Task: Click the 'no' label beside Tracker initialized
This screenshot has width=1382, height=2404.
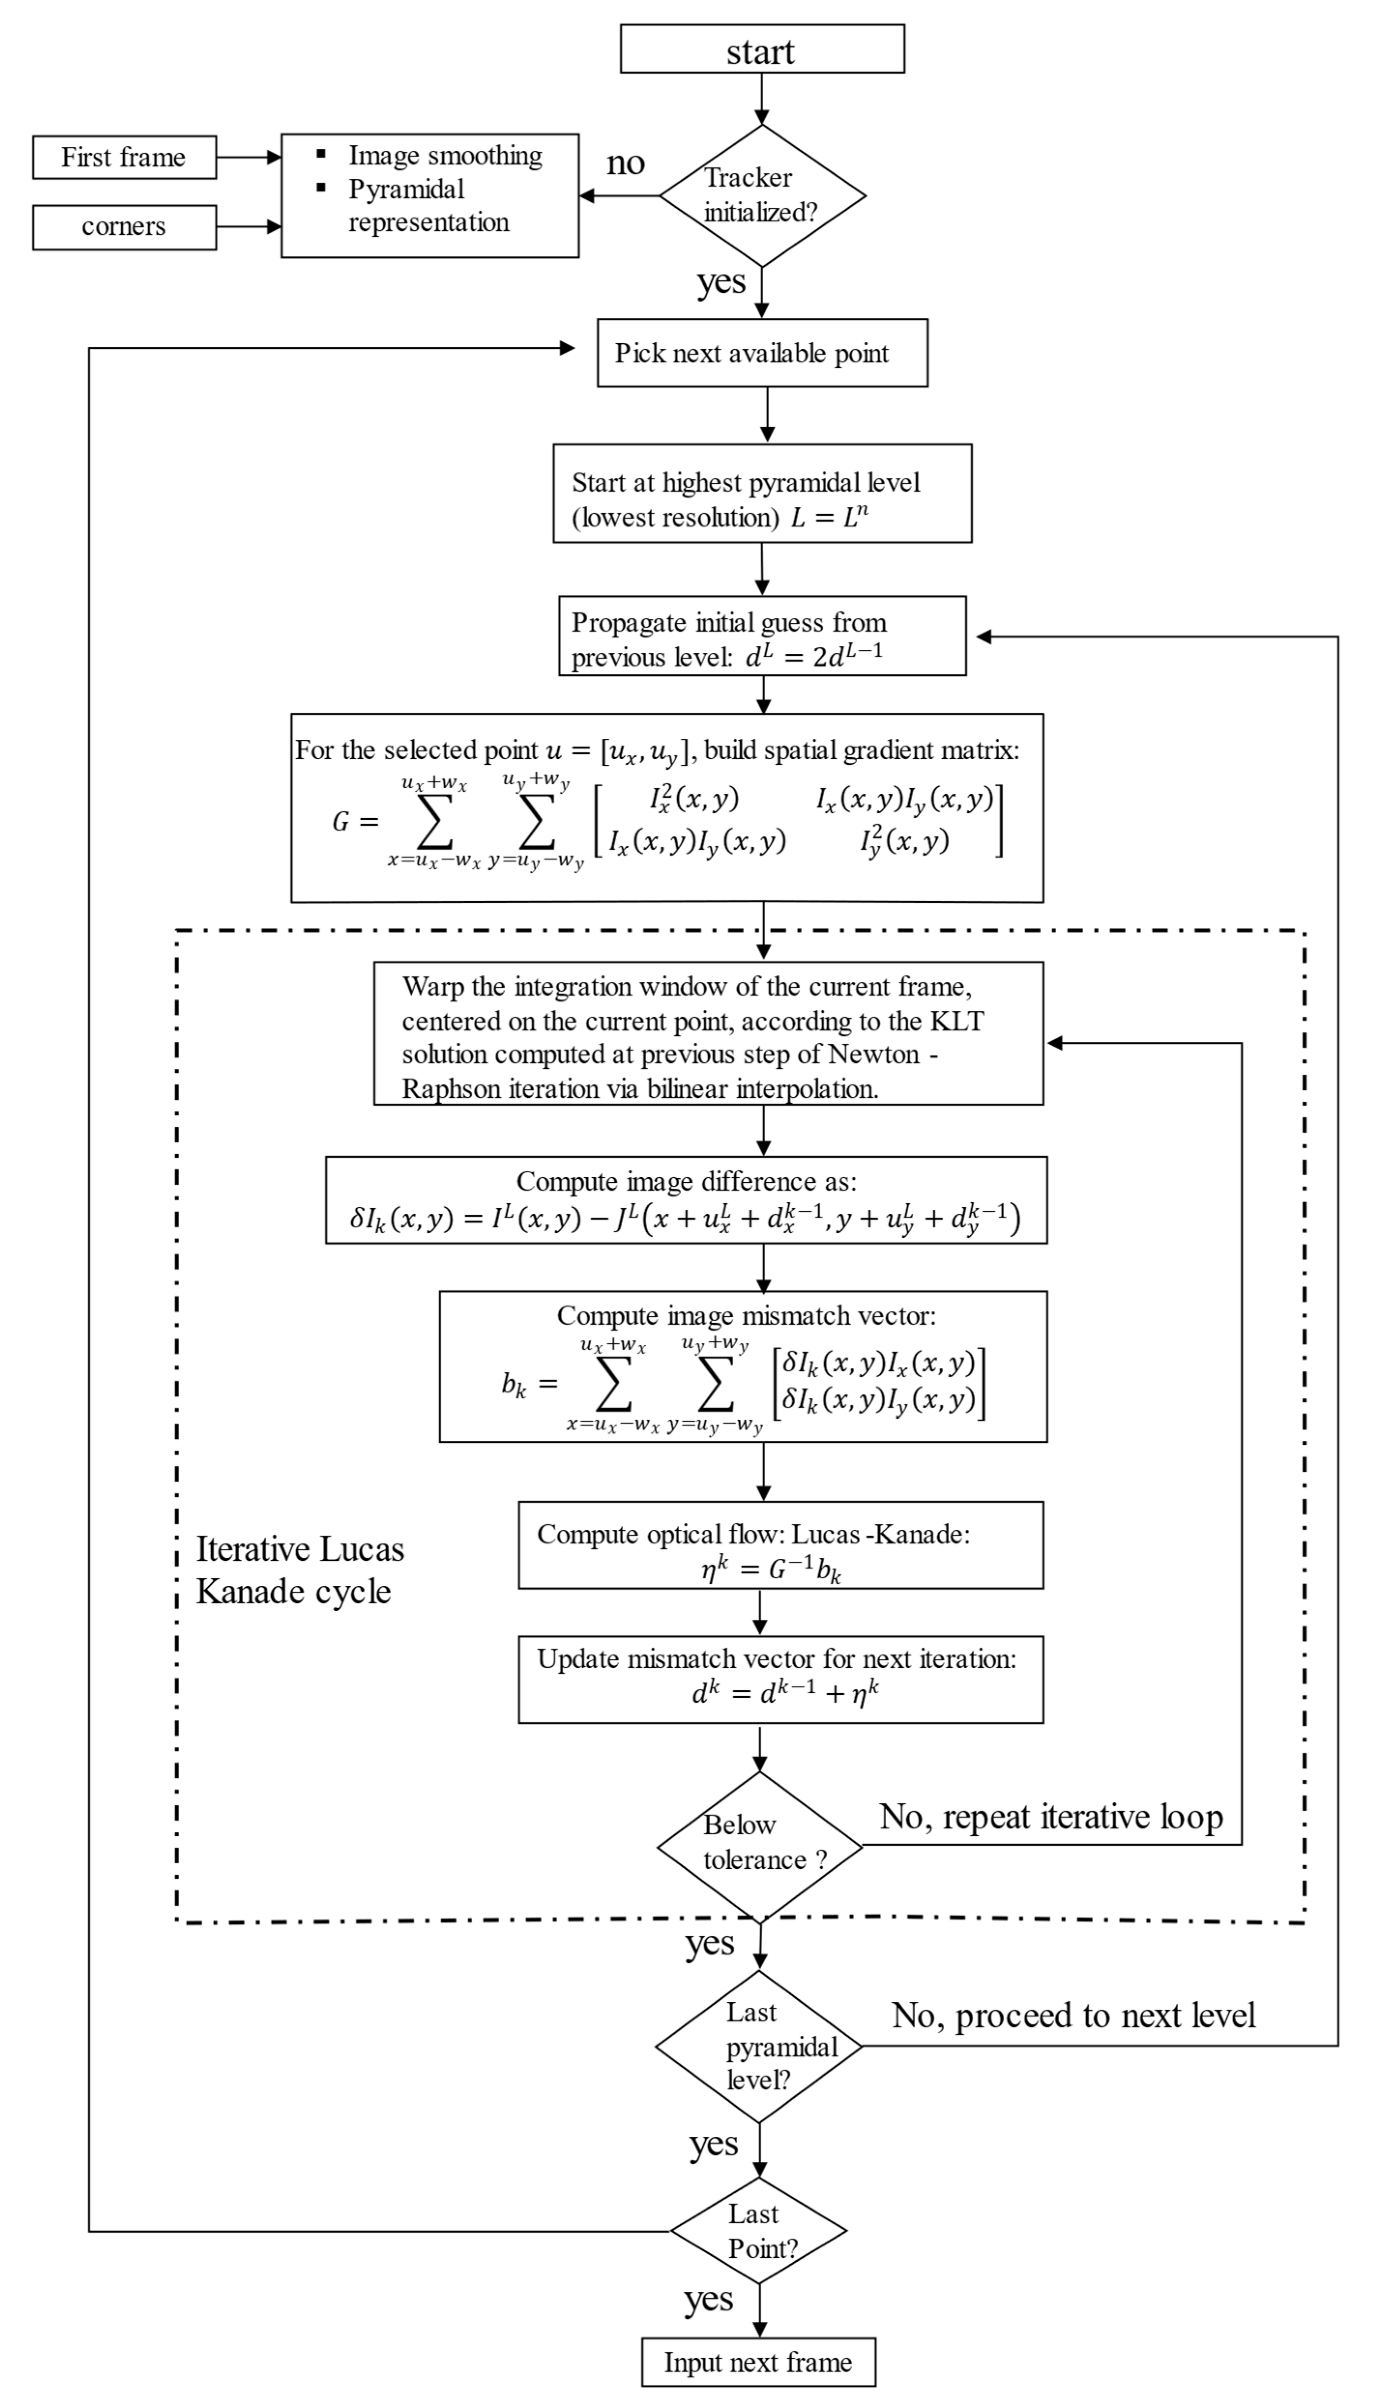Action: coord(626,163)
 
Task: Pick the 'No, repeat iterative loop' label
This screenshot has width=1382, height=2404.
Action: coord(1051,1817)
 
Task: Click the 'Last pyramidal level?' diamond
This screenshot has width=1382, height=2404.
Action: coord(759,2046)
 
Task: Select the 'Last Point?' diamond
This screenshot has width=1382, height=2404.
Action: coord(759,2231)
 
